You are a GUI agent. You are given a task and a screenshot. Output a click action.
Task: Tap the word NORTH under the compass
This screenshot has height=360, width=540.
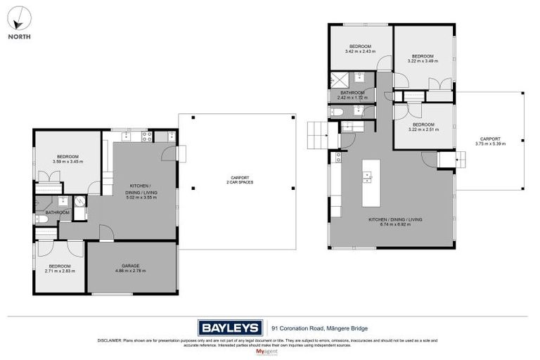pos(19,36)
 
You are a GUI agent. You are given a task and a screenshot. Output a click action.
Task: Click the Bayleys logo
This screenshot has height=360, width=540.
pos(229,327)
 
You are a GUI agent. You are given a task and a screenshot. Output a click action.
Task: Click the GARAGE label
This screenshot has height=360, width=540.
pos(131,266)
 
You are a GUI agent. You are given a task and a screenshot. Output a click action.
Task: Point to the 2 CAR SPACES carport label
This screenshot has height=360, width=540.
pos(237,182)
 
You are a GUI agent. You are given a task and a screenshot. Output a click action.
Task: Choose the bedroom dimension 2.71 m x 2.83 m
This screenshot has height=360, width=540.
pos(60,271)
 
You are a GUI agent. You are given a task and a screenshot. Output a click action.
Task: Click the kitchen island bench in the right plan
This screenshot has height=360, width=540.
pos(371,182)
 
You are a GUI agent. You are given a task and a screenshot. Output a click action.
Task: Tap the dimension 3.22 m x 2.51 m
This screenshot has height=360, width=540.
pos(423,129)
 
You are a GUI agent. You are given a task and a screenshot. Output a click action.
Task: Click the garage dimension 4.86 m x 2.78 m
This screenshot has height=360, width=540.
pos(131,271)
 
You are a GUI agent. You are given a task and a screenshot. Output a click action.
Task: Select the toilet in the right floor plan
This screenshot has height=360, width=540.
pos(337,112)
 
